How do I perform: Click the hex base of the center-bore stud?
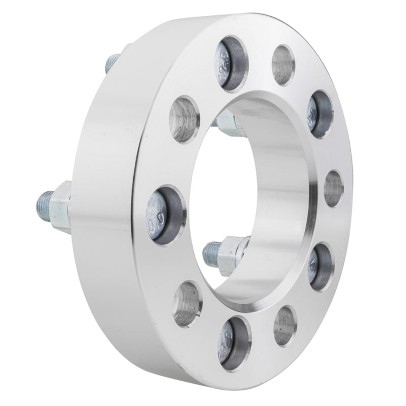232,252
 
